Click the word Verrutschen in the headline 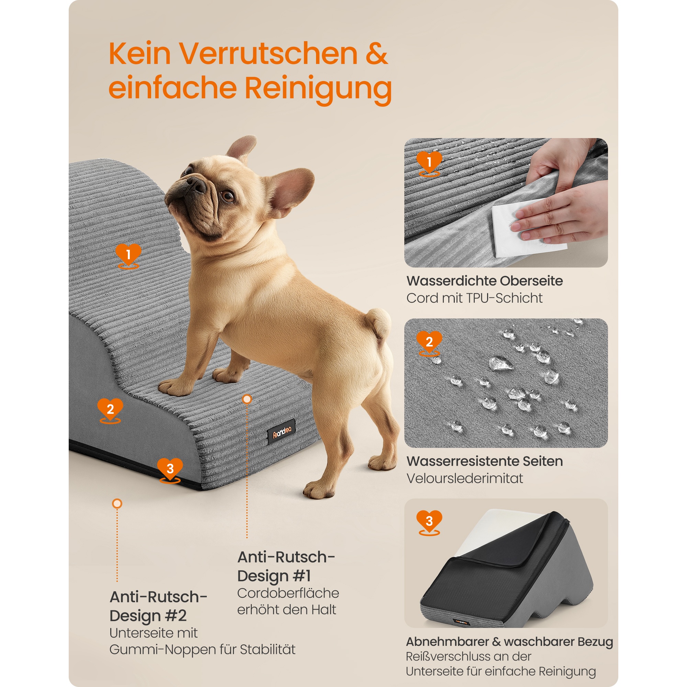coord(269,54)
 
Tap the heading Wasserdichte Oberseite coord(485,281)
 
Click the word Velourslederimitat coord(465,478)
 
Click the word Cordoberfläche coord(288,593)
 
